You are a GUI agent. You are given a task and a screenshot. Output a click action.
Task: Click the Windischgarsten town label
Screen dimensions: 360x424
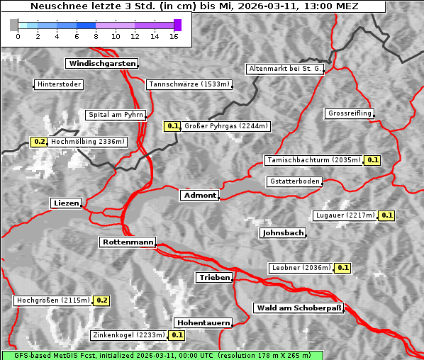pyautogui.click(x=101, y=64)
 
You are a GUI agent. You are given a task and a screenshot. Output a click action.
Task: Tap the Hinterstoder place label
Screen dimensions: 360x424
pyautogui.click(x=59, y=85)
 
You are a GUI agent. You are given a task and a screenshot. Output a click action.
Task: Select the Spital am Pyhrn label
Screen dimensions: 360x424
pyautogui.click(x=116, y=115)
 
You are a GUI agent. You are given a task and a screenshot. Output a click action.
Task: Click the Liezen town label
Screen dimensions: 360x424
pyautogui.click(x=66, y=203)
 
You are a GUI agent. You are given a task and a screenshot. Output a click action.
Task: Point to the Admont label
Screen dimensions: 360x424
pyautogui.click(x=199, y=196)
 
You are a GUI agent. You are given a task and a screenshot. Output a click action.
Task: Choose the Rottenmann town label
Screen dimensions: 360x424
pyautogui.click(x=127, y=242)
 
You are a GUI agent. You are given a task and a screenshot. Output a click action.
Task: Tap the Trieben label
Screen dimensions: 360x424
pyautogui.click(x=213, y=278)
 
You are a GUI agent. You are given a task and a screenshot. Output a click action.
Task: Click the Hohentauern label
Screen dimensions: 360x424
pyautogui.click(x=203, y=323)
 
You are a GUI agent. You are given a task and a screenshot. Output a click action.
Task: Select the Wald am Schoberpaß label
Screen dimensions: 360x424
pyautogui.click(x=298, y=308)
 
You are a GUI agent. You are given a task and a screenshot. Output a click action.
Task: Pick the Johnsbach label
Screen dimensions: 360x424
pyautogui.click(x=283, y=233)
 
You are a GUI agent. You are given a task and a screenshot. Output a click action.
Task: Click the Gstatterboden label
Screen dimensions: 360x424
pyautogui.click(x=294, y=182)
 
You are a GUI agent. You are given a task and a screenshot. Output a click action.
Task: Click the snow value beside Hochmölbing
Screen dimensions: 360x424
pyautogui.click(x=39, y=142)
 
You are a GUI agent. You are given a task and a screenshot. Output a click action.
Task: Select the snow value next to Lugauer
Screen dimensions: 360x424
pyautogui.click(x=386, y=215)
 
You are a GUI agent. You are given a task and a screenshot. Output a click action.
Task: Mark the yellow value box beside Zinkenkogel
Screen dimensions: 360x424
pyautogui.click(x=177, y=335)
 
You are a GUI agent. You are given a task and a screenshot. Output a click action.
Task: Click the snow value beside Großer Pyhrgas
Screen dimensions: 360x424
pyautogui.click(x=172, y=127)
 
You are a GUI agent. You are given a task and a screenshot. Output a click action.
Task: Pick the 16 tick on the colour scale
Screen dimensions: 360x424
pyautogui.click(x=174, y=36)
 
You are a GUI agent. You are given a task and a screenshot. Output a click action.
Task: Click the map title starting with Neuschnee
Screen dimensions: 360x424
pyautogui.click(x=194, y=6)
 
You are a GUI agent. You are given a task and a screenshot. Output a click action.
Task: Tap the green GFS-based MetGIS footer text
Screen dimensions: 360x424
pyautogui.click(x=162, y=355)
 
